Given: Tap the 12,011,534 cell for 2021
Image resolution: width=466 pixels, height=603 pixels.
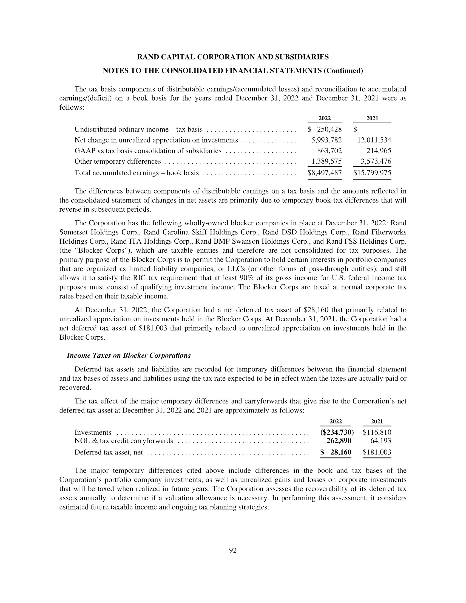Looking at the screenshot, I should (x=374, y=140).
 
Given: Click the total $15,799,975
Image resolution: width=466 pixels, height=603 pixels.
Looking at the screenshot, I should (x=372, y=173).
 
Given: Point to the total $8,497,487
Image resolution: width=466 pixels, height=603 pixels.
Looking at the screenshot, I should (x=325, y=173).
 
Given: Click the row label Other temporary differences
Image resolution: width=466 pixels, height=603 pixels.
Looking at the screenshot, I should (x=118, y=161).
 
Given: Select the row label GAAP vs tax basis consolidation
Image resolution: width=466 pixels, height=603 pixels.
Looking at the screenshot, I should (x=148, y=151).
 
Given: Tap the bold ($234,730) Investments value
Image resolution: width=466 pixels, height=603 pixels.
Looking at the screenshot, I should (x=337, y=432).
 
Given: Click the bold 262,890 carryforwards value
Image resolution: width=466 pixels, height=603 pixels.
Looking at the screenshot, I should (x=339, y=441).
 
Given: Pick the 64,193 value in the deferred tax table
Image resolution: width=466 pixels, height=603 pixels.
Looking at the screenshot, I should (x=381, y=441).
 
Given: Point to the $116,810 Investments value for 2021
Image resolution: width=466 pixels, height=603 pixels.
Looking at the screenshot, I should (x=377, y=432).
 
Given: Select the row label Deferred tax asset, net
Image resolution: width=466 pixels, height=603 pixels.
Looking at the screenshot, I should (x=109, y=452).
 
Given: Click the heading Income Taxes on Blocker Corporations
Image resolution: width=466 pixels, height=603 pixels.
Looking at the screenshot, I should (x=129, y=355).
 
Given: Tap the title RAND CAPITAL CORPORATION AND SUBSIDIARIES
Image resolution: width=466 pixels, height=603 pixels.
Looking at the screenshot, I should (x=233, y=57).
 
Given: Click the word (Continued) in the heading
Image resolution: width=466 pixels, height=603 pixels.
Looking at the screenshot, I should (x=343, y=71).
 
